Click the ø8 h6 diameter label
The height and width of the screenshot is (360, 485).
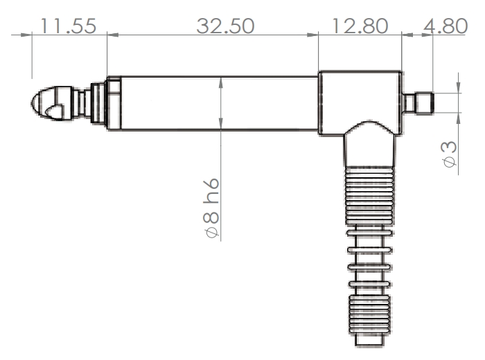[211, 208]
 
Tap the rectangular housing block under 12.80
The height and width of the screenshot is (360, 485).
[360, 97]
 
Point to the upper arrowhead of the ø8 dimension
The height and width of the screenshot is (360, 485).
[220, 82]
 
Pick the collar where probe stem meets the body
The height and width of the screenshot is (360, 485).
[113, 103]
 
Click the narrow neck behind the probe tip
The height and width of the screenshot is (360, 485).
[85, 103]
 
